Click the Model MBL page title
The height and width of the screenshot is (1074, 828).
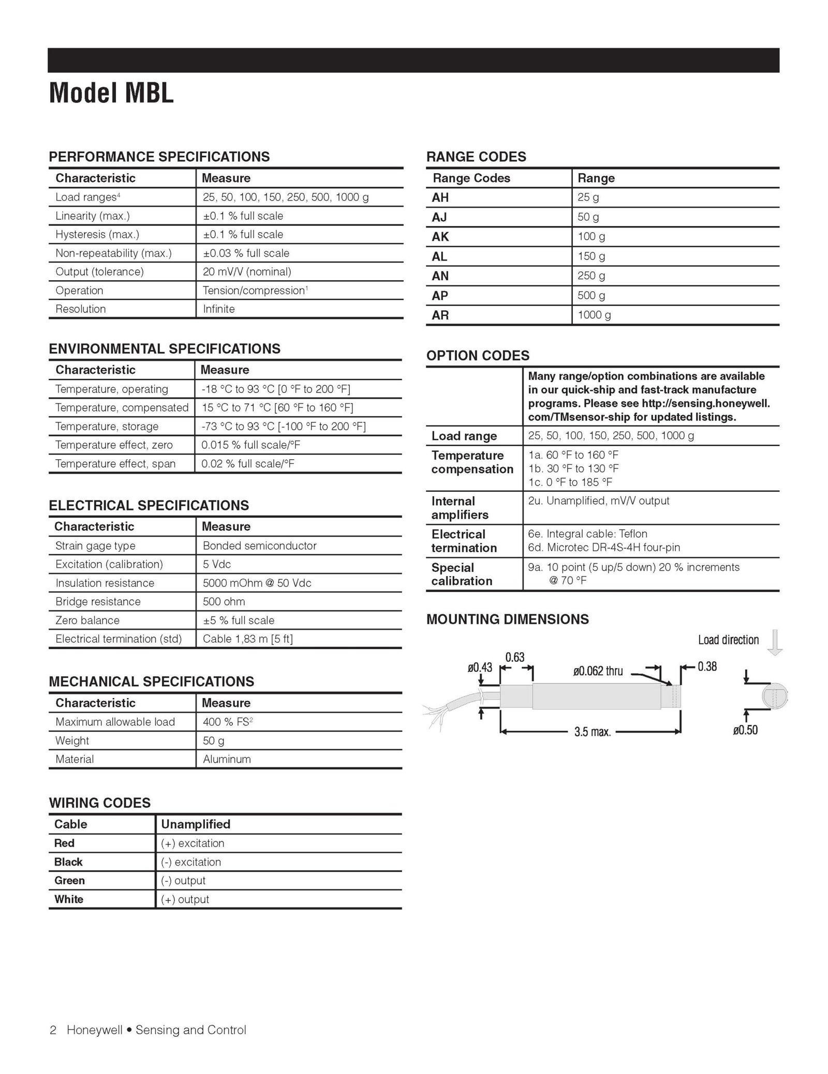click(111, 94)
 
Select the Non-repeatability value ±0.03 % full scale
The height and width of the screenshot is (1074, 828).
click(246, 253)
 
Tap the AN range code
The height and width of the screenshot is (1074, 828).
click(440, 276)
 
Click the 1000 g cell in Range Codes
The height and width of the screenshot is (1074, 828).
click(594, 315)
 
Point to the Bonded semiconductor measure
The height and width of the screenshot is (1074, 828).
click(259, 546)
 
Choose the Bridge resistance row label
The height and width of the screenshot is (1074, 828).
click(98, 601)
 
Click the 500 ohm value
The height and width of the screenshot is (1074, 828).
click(224, 601)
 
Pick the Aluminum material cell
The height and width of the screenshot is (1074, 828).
click(227, 759)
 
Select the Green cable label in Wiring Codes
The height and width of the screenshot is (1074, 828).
click(69, 880)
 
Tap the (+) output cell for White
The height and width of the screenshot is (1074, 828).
click(185, 899)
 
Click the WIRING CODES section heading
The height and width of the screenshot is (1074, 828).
click(99, 803)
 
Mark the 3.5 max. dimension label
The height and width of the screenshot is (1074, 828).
click(593, 732)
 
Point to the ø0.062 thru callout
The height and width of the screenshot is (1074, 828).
click(598, 671)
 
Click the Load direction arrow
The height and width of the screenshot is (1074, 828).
click(775, 642)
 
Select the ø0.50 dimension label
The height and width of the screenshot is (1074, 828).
click(745, 730)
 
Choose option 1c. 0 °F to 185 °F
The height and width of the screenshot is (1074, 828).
click(570, 482)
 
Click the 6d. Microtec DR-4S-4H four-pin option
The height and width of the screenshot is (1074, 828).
click(604, 547)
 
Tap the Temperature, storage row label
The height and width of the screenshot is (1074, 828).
click(107, 426)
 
